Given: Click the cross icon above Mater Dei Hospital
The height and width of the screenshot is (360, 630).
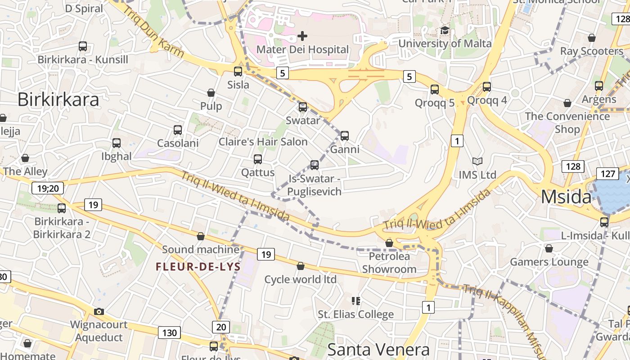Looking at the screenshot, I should click(x=302, y=36).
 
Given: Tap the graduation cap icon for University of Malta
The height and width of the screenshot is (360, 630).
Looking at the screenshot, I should click(x=445, y=31).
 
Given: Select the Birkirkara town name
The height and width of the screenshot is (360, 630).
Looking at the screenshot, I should click(x=58, y=99).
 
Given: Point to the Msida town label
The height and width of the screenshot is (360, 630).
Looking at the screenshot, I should click(x=566, y=197).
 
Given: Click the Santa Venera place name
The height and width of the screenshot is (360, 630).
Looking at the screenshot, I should click(x=378, y=350).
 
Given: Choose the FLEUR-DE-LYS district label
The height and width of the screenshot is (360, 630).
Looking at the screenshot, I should click(x=198, y=266).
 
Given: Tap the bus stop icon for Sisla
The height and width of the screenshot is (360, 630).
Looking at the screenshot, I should click(x=238, y=71).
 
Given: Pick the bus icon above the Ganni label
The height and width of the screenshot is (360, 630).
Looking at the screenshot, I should click(x=345, y=135).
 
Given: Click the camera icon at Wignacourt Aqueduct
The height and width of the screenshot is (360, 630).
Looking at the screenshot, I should click(x=99, y=311).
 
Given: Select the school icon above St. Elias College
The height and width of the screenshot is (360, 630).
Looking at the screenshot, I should click(x=356, y=300).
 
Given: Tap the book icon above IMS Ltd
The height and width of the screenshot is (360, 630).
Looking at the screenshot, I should click(x=477, y=161).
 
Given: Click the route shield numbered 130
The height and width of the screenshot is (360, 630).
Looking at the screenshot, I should click(x=169, y=333).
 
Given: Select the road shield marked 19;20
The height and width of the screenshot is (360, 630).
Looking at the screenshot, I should click(x=48, y=188).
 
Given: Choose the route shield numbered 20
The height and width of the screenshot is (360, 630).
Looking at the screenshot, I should click(x=221, y=327).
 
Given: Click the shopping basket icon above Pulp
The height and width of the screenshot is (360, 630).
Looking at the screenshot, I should click(x=211, y=93).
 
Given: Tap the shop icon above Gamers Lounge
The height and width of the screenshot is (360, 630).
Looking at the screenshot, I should click(x=549, y=248).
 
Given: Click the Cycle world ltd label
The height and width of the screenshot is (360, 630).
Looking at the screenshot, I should click(x=300, y=279).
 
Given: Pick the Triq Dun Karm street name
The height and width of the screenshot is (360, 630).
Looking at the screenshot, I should click(x=153, y=31).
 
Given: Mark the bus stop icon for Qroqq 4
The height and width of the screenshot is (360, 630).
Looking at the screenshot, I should click(x=487, y=86).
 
